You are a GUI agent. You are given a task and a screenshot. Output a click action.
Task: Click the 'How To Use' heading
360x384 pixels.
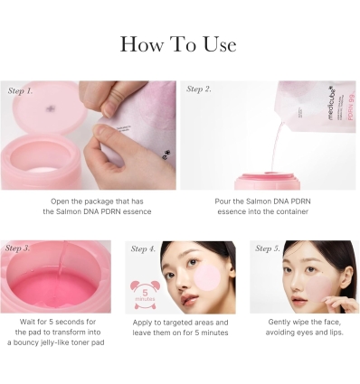point(179,44)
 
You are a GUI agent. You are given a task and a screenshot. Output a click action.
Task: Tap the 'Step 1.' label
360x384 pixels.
point(21,91)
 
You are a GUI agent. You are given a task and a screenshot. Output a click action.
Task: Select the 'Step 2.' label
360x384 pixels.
point(200,89)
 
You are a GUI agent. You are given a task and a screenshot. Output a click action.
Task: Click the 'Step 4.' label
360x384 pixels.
point(144,248)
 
